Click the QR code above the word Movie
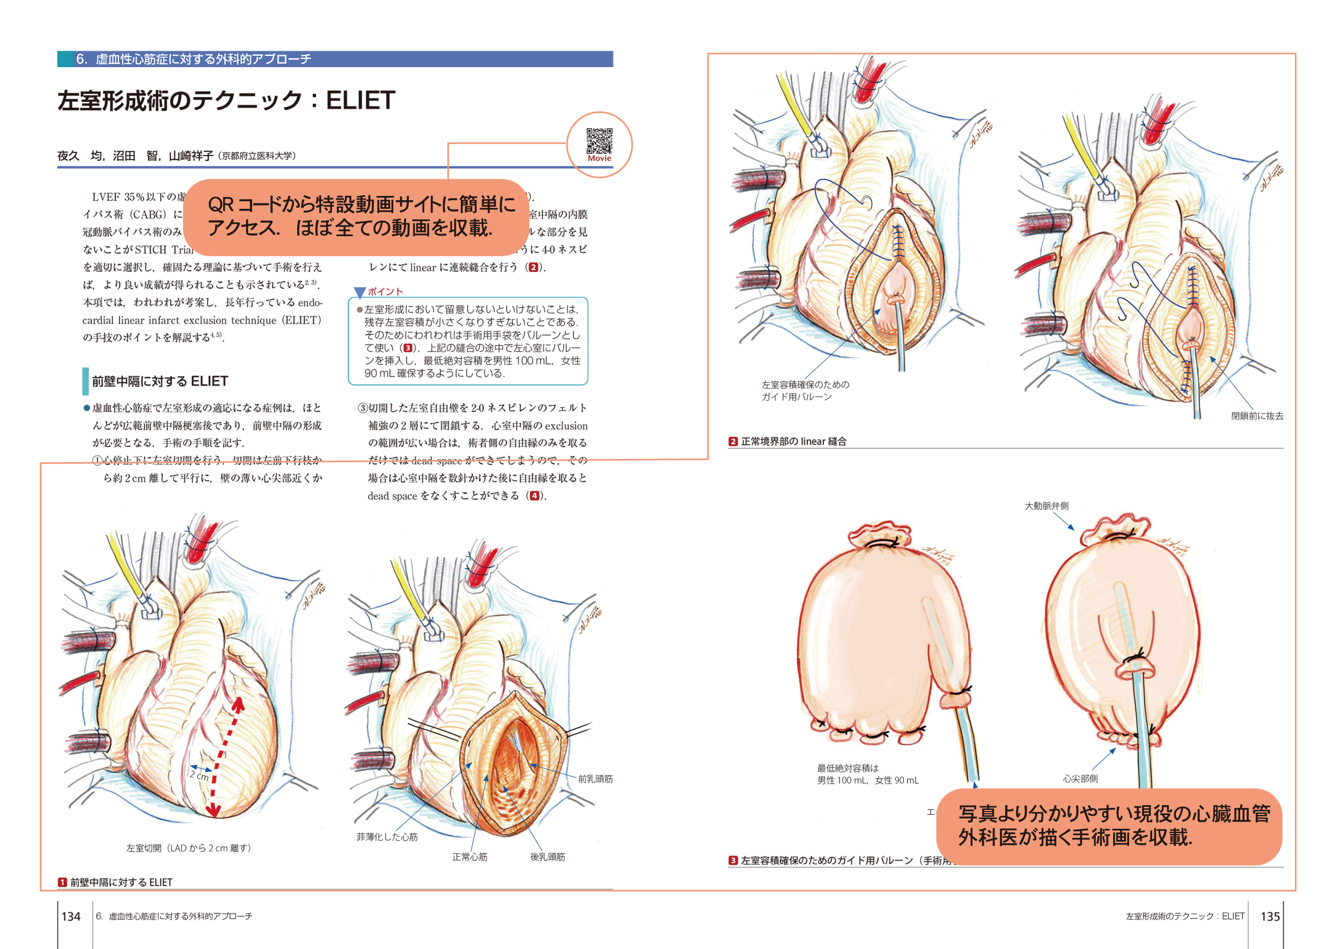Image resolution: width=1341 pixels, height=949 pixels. [x=599, y=140]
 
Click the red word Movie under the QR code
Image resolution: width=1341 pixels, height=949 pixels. [x=599, y=158]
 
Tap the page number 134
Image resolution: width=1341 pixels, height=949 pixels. [x=71, y=916]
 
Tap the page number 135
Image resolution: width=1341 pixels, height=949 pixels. [x=1270, y=916]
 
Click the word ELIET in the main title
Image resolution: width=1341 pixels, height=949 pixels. [x=360, y=100]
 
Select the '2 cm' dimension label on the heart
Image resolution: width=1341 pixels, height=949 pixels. [x=199, y=776]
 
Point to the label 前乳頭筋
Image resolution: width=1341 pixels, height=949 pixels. [x=595, y=778]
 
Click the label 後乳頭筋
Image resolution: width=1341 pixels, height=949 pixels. [x=547, y=857]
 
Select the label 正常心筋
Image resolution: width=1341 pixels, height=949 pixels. [x=469, y=857]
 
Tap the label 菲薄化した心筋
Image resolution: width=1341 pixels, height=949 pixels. [x=387, y=837]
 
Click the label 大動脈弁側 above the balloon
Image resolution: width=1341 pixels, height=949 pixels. [x=1047, y=506]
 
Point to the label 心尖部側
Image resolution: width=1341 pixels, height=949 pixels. [x=1080, y=778]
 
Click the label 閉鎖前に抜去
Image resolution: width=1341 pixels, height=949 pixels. [x=1257, y=415]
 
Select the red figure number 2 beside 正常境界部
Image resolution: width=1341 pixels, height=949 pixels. [x=733, y=441]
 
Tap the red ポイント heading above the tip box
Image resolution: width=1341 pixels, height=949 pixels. [x=385, y=291]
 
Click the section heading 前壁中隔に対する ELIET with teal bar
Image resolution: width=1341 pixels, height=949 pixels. [x=159, y=381]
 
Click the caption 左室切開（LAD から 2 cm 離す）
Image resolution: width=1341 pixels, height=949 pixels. [x=189, y=848]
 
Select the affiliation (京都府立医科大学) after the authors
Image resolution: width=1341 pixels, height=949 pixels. [x=257, y=156]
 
